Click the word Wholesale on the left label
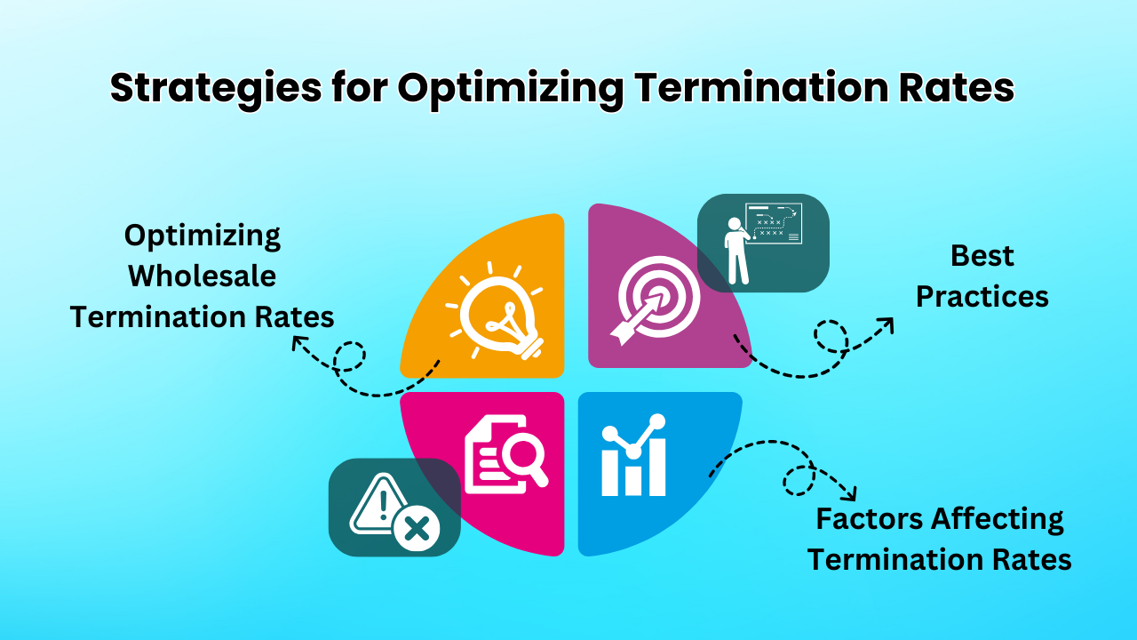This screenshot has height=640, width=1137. tap(202, 276)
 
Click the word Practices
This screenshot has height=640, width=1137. tap(982, 297)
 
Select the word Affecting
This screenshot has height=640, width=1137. tap(998, 520)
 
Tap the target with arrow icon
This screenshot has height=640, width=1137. tap(655, 300)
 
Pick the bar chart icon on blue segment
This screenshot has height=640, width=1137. tap(633, 455)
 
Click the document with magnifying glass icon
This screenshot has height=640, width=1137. tap(506, 454)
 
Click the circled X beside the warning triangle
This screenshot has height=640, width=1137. tap(417, 529)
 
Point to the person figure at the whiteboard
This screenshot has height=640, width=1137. tap(737, 251)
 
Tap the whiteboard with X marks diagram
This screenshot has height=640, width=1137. tap(774, 223)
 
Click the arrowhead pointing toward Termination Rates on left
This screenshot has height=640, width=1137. tap(299, 342)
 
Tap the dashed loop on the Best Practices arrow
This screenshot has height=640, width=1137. tap(831, 336)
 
